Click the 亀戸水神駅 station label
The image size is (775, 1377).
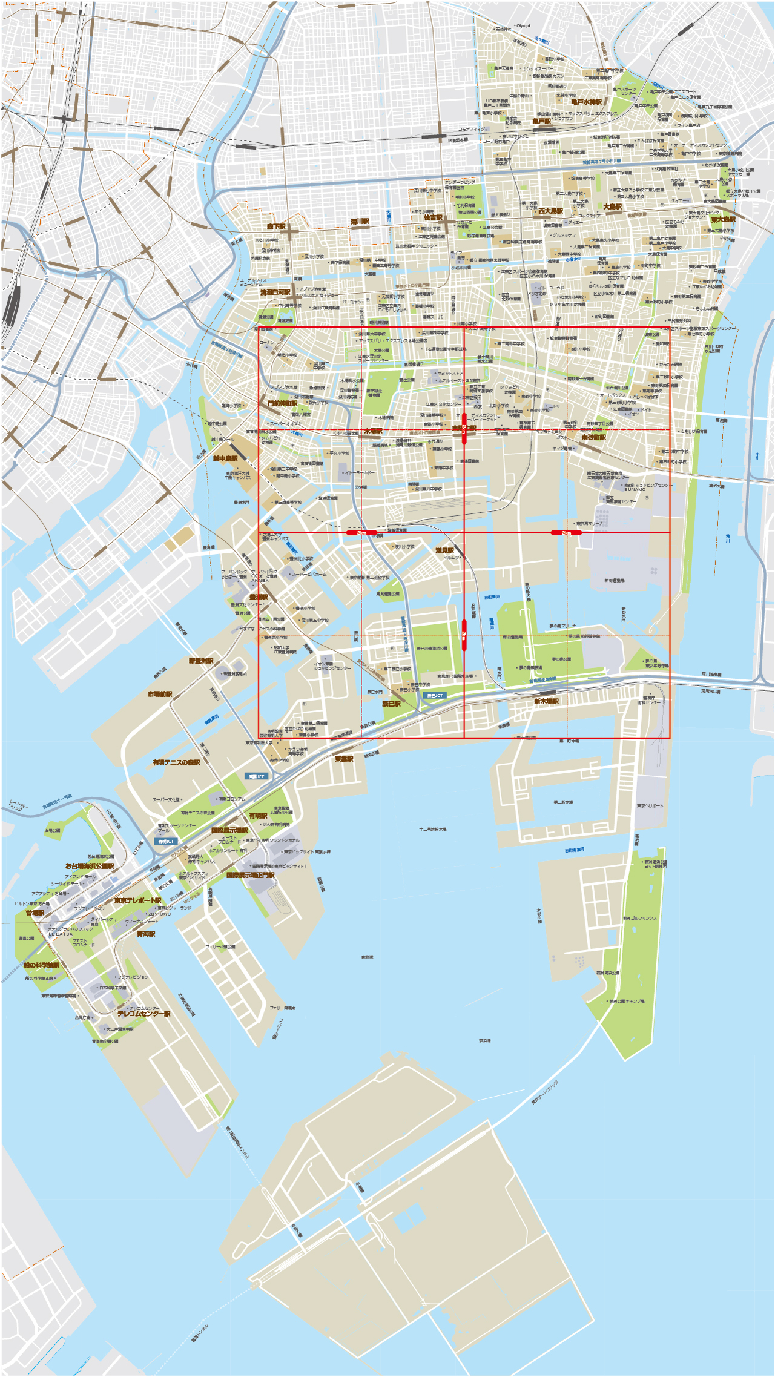586,102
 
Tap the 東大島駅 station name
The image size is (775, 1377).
723,220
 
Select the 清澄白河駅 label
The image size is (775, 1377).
275,292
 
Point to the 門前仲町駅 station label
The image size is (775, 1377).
282,403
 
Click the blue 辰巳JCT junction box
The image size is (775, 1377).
435,695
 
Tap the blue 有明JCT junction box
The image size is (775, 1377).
165,841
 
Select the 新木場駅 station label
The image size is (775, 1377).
546,701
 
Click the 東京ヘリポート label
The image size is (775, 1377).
650,806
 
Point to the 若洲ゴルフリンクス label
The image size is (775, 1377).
640,918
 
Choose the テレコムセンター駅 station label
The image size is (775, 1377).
143,1014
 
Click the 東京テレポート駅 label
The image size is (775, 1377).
137,900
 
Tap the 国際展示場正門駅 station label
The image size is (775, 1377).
250,875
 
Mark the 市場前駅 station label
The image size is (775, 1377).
160,694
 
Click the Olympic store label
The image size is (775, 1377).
524,26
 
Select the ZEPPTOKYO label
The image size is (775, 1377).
159,914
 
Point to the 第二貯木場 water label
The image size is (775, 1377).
563,802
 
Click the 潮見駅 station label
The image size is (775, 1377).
444,550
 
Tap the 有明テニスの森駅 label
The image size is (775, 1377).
176,762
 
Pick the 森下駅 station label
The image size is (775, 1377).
276,226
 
